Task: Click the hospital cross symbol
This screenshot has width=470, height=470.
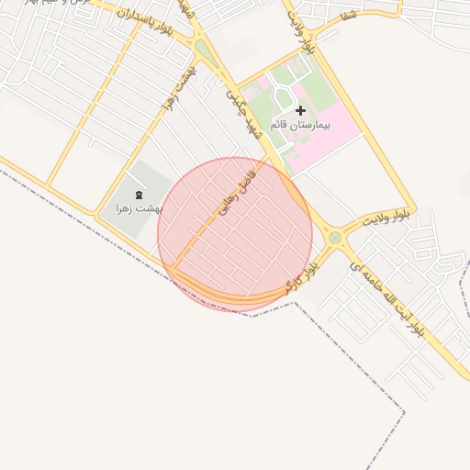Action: click(x=300, y=110)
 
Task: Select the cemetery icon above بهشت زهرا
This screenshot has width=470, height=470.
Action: click(x=138, y=194)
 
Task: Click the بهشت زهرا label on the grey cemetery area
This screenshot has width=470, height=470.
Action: click(x=138, y=208)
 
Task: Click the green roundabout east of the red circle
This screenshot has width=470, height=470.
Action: click(x=335, y=238)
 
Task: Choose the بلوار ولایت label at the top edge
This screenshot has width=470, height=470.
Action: click(x=301, y=32)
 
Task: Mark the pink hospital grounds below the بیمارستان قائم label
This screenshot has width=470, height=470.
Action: click(x=312, y=147)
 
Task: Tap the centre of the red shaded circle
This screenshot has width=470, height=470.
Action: click(x=235, y=234)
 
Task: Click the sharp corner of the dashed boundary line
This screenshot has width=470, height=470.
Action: click(x=404, y=410)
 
